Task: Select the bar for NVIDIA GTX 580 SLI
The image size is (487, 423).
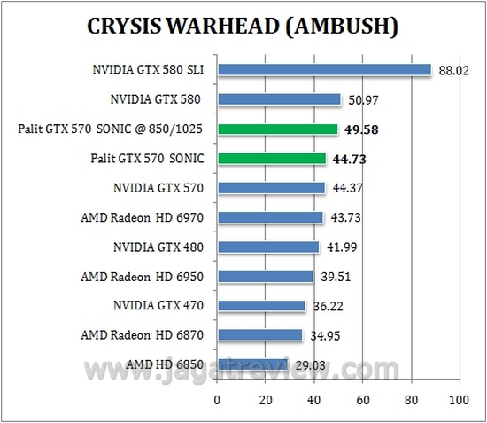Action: coord(324,69)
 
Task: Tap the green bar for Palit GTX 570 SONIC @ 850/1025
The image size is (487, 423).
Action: coord(278,129)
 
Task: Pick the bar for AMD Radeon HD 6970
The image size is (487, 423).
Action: coord(270,217)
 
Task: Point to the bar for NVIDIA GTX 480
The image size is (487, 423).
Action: coord(268,247)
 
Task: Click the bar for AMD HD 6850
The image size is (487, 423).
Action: coord(252,364)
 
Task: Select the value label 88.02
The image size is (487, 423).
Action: coord(455,70)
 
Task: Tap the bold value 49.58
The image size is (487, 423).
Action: coord(361,129)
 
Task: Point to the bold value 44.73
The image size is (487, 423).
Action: coord(349,159)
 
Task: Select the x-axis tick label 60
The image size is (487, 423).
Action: coord(361,400)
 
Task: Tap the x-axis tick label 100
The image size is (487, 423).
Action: coord(458,400)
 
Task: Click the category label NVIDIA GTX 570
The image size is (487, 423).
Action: coord(158,188)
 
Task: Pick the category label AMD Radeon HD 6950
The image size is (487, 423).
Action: coord(142,276)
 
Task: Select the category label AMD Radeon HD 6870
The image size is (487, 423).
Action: coord(142,334)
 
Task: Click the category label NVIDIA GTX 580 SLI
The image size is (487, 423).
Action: coord(148,70)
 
